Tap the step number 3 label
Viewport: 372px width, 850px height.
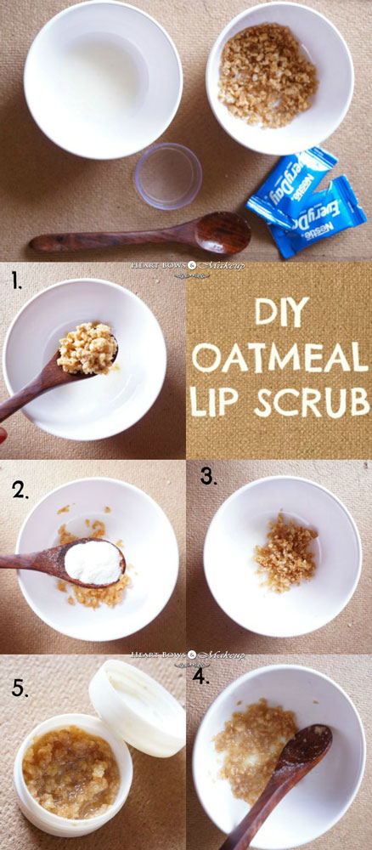[x=209, y=475]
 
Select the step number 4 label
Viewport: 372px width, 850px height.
[x=200, y=674]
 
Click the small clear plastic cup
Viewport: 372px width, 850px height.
[x=168, y=176]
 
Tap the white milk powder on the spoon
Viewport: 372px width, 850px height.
[x=93, y=562]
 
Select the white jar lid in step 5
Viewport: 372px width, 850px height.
[x=137, y=708]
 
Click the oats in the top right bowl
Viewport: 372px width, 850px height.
[x=267, y=76]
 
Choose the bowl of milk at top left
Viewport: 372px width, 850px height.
[x=103, y=80]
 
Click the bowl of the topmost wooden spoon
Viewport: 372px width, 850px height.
[x=223, y=232]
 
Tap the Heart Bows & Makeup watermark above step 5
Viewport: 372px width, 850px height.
[x=188, y=656]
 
